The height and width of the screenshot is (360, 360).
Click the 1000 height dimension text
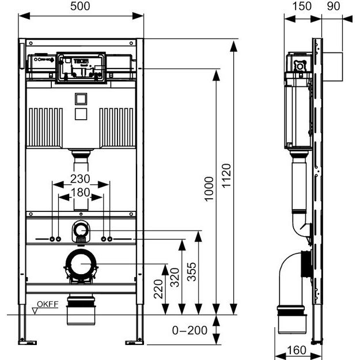209,191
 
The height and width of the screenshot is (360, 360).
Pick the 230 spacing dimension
81,178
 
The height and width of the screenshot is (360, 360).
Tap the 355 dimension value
192,271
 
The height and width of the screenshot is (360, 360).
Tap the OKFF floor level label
47,304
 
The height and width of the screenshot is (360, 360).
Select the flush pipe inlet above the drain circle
81,232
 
